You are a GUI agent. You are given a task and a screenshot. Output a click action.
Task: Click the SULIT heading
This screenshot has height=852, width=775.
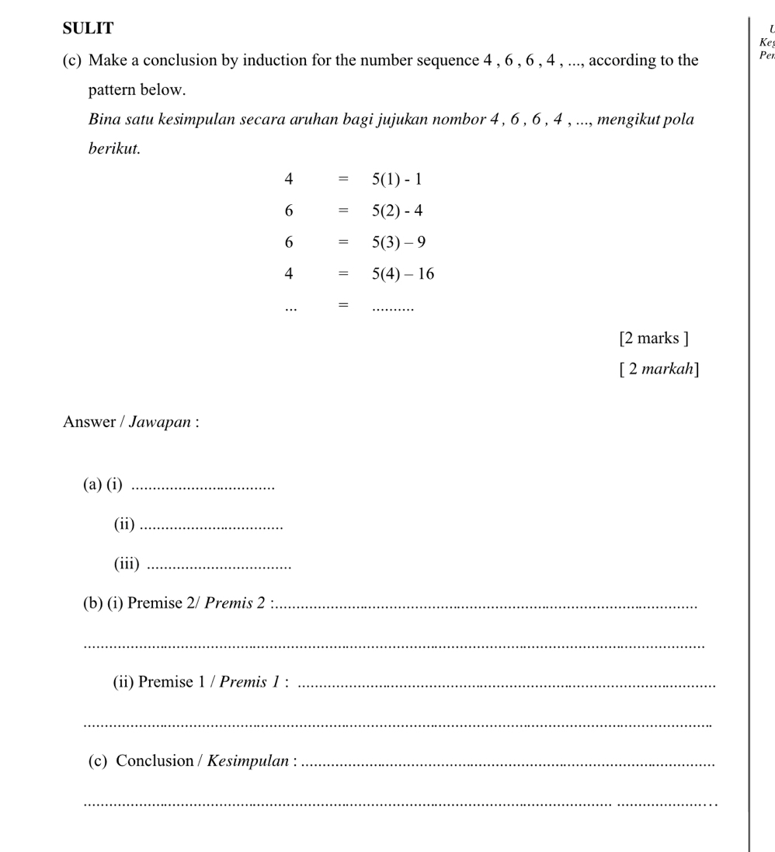(88, 29)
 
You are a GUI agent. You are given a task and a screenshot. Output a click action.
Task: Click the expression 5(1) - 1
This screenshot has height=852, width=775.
(397, 179)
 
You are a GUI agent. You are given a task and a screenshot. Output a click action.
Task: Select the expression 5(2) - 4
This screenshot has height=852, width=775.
(397, 210)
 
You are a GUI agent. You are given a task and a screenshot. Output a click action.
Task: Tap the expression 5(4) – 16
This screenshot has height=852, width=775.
(403, 273)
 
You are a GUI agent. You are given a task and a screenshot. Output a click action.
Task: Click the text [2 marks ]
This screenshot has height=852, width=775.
(654, 338)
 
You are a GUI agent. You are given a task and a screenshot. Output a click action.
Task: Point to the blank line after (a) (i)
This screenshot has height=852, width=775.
(204, 487)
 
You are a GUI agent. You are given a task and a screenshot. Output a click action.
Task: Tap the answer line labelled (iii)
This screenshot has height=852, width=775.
(219, 566)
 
